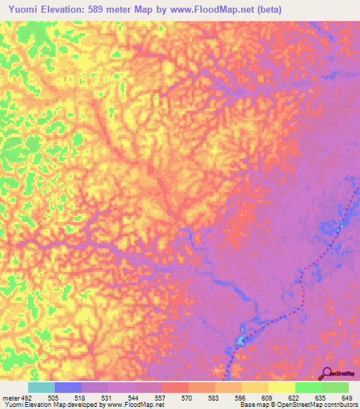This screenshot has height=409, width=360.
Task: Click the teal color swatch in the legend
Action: [x=41, y=387]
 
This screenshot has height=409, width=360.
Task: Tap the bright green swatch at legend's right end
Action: [x=335, y=387]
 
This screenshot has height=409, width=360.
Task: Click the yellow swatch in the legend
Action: [x=282, y=387]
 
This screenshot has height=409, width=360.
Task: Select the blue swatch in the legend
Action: [x=68, y=387]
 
